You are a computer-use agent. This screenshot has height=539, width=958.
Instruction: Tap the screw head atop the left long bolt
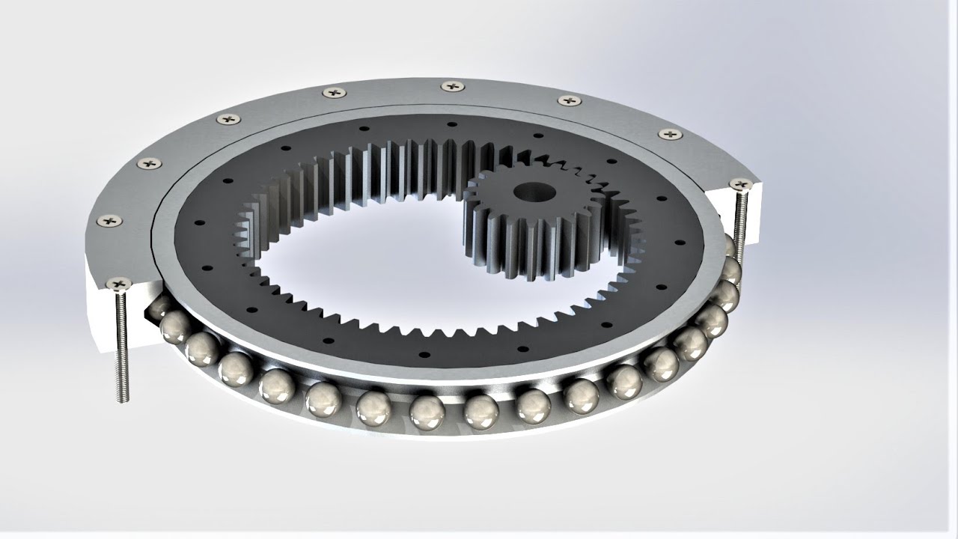point(119,284)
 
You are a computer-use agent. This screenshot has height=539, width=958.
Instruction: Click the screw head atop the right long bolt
point(740,184)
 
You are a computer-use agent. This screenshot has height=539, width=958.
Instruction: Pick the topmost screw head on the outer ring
point(452,86)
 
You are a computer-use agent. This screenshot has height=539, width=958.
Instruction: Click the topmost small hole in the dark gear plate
point(452,125)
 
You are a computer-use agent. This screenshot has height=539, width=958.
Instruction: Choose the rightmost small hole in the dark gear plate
point(678,243)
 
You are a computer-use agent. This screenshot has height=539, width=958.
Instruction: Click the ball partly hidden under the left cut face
point(159,305)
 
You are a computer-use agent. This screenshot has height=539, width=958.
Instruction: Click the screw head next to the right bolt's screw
point(670,134)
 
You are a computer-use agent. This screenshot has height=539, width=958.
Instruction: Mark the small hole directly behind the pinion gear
point(537,135)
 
